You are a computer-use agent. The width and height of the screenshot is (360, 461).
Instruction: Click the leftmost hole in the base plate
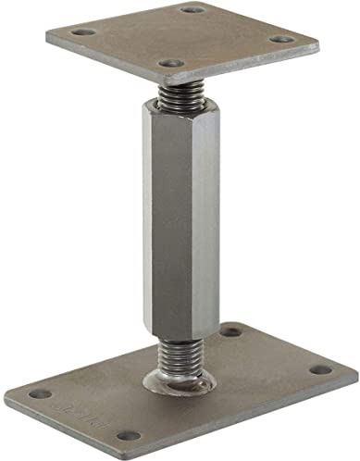coord(40,393)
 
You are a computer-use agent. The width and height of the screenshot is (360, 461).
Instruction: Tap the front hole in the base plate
coord(129,435)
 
